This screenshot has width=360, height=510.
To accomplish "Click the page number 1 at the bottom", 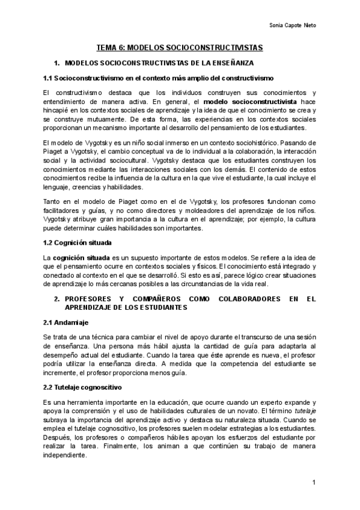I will [x=314, y=483].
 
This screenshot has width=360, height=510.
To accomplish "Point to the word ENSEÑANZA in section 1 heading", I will [x=233, y=63].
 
